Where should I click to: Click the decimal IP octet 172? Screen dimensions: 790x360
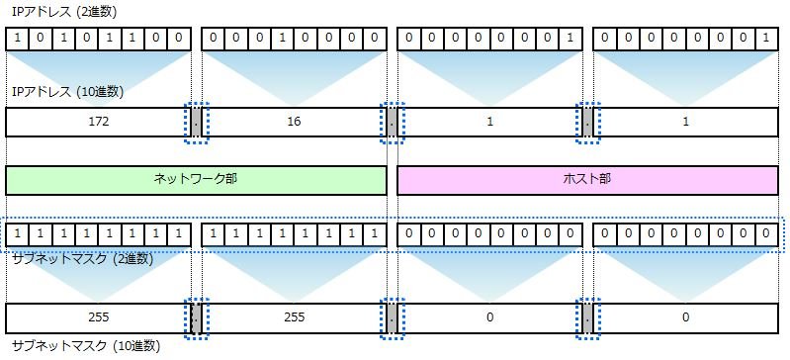pos(98,122)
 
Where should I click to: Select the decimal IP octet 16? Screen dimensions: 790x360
pos(295,122)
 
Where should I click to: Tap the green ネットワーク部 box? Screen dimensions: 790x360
pos(196,180)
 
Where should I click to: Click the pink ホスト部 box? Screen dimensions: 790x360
pos(587,180)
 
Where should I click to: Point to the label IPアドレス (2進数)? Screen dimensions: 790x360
pos(64,13)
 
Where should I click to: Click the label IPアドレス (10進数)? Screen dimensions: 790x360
pos(67,92)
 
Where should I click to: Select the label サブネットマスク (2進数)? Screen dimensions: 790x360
pos(82,259)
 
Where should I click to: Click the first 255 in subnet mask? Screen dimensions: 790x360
pos(98,317)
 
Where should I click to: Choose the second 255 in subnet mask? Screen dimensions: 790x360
pos(295,317)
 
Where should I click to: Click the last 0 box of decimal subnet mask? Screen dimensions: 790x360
pos(686,317)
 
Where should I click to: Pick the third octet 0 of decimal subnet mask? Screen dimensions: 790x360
pos(489,317)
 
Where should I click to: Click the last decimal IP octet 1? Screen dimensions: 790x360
pos(686,122)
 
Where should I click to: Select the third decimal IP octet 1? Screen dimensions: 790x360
pos(489,122)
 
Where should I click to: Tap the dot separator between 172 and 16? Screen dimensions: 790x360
pos(197,122)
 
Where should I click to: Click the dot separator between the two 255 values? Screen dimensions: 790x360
pos(197,318)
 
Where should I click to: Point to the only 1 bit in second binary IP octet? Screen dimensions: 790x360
pos(282,39)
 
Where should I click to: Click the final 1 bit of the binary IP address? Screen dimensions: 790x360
pos(766,39)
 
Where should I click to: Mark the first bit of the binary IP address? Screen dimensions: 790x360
pos(18,39)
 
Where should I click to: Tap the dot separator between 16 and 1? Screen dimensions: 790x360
pos(393,122)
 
